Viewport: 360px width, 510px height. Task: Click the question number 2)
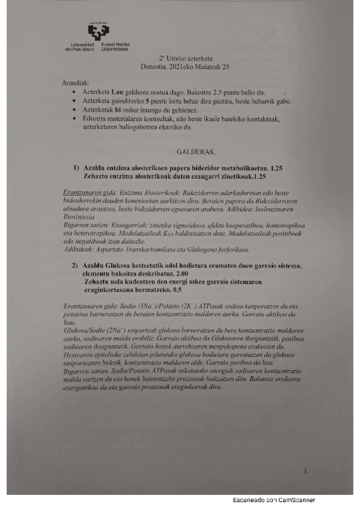pos(76,266)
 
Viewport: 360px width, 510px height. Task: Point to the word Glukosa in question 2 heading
pos(116,266)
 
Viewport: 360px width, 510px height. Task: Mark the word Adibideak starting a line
pos(79,248)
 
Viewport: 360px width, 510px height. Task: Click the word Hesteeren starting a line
pos(79,354)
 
